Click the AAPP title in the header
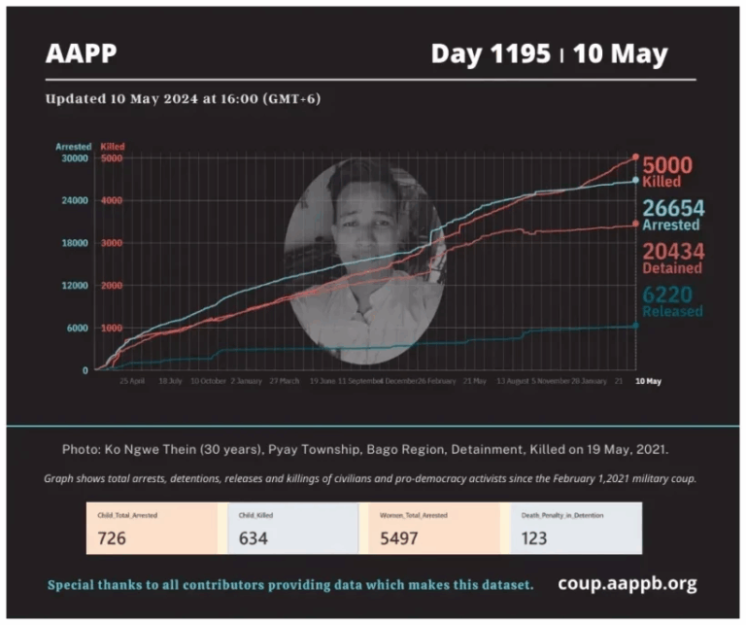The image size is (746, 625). pos(81,53)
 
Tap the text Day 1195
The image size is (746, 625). pos(490,53)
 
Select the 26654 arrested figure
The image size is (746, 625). pos(672,208)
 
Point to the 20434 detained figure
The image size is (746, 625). pos(673,251)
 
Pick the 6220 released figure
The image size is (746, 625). pos(673,295)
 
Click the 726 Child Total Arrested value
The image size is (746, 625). pos(113,537)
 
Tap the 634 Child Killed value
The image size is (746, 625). pos(253,537)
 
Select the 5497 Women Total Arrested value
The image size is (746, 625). pos(395,537)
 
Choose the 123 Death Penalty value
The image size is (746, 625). pos(533,537)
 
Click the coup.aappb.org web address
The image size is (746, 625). pos(627,583)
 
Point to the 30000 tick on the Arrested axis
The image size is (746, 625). pos(74,157)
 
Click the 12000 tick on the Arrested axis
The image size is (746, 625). pos(74,285)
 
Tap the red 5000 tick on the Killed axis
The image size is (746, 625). pos(112,157)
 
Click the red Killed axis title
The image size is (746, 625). pos(113,146)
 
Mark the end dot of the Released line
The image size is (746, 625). pos(636,326)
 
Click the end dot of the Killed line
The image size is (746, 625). pos(636,156)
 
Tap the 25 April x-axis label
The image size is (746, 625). pos(132,381)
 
